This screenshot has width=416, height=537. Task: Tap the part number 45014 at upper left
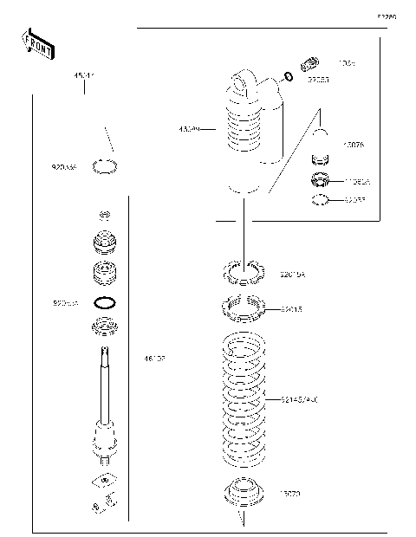[83, 77]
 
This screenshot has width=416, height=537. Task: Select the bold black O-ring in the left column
[104, 303]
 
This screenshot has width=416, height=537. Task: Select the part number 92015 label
[293, 307]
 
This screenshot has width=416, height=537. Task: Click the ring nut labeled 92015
[245, 308]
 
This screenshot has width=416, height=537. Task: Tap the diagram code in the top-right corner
[385, 16]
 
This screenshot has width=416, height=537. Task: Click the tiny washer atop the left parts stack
[104, 214]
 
